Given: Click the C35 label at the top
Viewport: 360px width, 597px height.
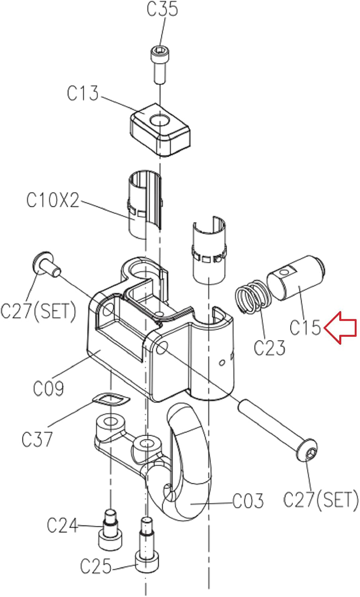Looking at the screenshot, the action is click(162, 9).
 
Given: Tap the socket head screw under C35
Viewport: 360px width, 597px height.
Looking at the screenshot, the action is click(159, 65).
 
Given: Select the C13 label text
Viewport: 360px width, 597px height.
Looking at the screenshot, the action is click(83, 93).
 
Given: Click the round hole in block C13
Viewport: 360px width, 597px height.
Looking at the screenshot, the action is click(159, 120).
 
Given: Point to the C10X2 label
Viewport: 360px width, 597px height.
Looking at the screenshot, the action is click(53, 200).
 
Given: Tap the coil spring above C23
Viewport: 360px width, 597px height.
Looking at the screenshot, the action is click(253, 296).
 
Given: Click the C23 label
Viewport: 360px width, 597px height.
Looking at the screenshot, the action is click(269, 347).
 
